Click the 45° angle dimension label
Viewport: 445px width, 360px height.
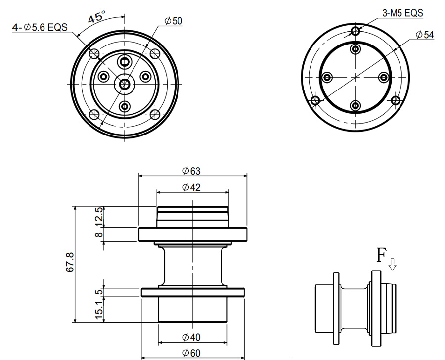click(96, 17)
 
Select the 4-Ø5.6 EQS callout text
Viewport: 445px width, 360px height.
click(40, 27)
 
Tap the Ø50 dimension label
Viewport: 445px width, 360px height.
click(174, 21)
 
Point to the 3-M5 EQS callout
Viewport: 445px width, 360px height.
click(402, 13)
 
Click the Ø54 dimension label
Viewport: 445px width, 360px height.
click(425, 35)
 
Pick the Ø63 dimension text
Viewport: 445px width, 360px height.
click(191, 171)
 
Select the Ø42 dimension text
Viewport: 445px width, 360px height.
click(191, 187)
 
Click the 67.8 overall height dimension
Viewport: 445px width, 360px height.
click(70, 262)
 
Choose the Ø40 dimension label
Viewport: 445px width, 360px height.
click(191, 337)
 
